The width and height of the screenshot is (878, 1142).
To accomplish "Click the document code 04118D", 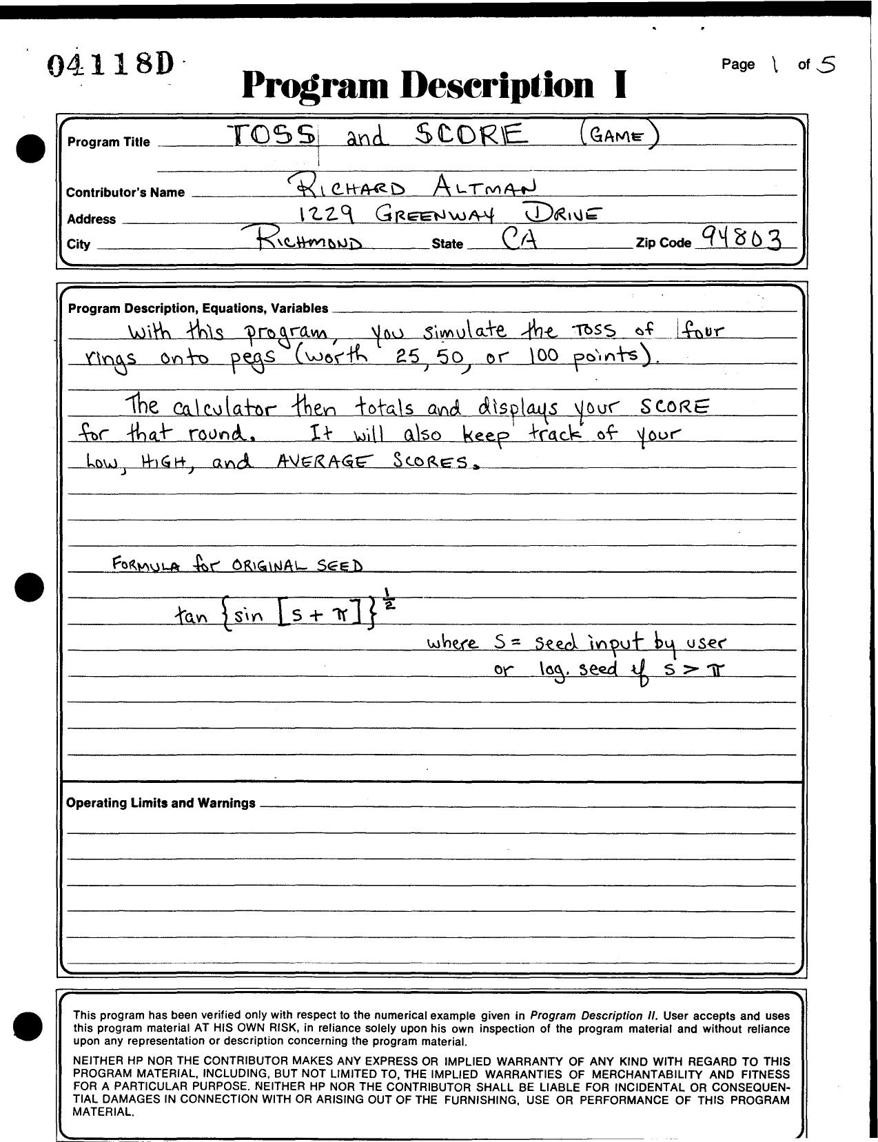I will point(110,65).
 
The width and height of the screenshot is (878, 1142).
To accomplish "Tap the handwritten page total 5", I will point(825,65).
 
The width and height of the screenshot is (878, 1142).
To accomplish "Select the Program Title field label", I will point(108,142).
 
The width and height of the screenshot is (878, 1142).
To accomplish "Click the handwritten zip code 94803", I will point(742,238).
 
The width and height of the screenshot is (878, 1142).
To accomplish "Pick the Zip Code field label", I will point(664,243).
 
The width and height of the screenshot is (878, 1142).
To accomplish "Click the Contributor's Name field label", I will point(125,192).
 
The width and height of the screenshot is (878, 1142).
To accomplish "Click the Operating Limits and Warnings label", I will point(161,803).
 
